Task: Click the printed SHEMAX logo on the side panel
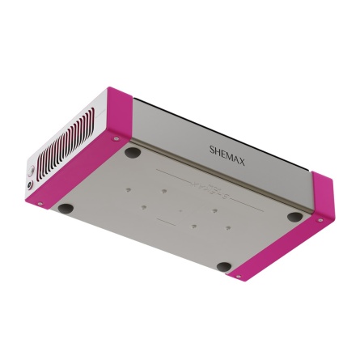click(227, 155)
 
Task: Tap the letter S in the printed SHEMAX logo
click(212, 149)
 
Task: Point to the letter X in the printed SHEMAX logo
click(241, 162)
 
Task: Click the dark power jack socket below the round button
click(30, 185)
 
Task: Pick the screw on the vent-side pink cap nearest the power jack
click(40, 204)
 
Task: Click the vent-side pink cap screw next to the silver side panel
click(116, 138)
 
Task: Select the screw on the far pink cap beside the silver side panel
click(320, 220)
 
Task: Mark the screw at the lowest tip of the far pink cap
click(238, 277)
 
